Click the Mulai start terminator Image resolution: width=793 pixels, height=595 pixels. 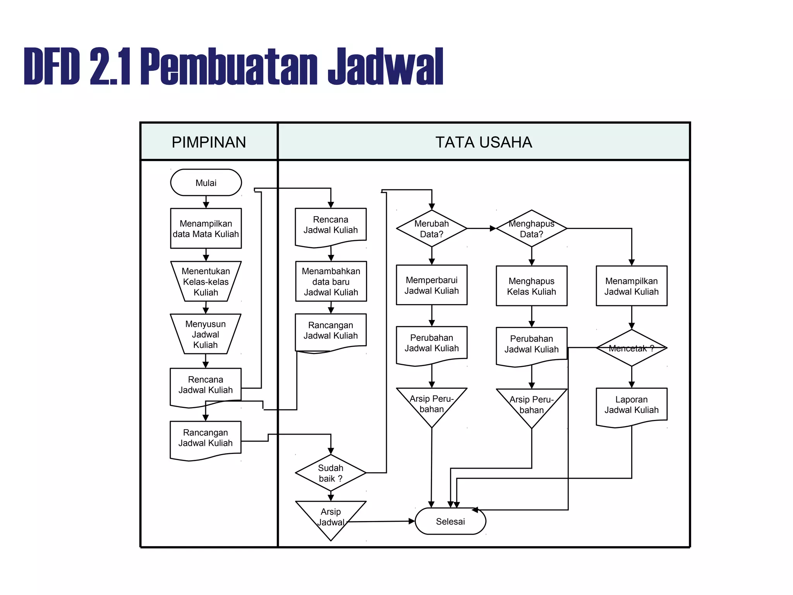pos(206,182)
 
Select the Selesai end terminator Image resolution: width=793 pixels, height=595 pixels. pos(450,521)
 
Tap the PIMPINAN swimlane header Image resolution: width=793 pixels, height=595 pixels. pos(209,142)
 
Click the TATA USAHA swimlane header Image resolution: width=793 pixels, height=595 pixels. pos(484,142)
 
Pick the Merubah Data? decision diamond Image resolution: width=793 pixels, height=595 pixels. pos(431,229)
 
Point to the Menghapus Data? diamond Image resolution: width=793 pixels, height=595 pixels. pos(531,229)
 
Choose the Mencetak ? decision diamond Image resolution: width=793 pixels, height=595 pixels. pos(631,348)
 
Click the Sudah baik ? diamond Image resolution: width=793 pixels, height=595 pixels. pos(330,473)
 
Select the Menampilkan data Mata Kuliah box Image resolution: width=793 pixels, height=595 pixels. pos(206,229)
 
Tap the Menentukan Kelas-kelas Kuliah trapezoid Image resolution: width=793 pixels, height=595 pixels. pos(206,282)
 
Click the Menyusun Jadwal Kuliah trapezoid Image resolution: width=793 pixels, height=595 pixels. pos(206,334)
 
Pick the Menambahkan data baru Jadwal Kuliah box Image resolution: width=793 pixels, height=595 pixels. pos(331,282)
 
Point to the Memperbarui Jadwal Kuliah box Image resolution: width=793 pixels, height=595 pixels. pos(431,285)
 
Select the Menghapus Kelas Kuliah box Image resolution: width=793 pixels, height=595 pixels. pos(531,286)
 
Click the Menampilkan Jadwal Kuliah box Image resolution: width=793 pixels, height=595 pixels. pos(631,286)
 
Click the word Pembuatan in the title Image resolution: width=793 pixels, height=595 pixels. pos(228,66)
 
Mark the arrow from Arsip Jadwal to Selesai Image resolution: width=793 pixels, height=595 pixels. pos(381,521)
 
